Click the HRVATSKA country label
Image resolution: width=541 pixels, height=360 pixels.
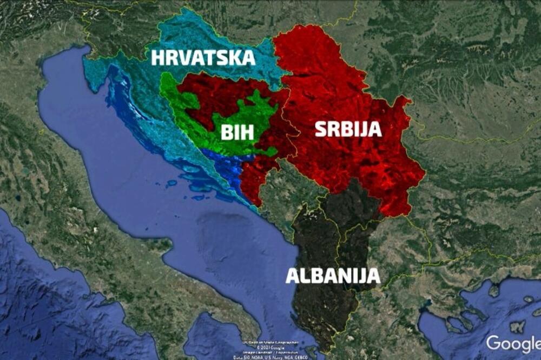click(203, 57)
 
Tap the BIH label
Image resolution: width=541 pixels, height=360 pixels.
click(236, 132)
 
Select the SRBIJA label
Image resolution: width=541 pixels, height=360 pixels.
click(348, 129)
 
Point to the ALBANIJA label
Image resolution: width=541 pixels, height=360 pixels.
click(333, 275)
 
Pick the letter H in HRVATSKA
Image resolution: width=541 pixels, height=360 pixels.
click(158, 57)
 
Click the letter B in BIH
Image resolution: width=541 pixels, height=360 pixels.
click(225, 132)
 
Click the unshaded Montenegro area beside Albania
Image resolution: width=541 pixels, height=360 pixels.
click(281, 189)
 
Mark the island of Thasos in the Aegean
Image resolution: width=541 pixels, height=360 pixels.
click(494, 291)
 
